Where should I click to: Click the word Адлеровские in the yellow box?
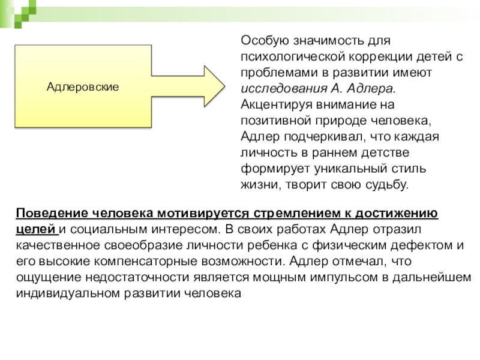click(83, 87)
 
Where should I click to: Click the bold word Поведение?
click(52, 215)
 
